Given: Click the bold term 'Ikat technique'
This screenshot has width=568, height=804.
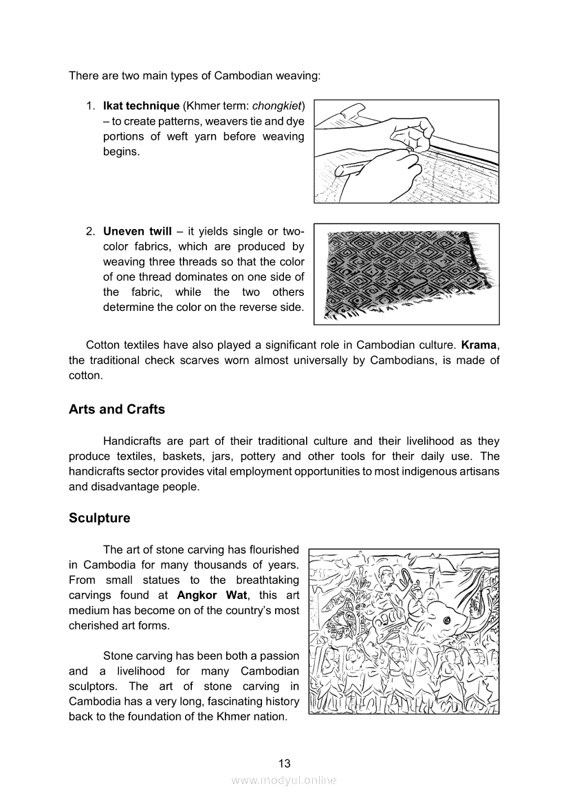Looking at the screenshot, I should point(141,106).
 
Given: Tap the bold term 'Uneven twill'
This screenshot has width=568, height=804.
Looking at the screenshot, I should point(137,231).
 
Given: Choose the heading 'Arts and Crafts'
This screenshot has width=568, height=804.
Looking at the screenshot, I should point(117,409).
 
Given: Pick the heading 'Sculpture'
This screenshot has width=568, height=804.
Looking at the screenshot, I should point(99,518).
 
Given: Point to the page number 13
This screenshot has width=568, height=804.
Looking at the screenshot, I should point(284,763).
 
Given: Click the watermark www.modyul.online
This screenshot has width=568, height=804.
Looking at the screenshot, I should point(284,780).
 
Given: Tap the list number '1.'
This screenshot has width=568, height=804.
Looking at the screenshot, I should point(90,106).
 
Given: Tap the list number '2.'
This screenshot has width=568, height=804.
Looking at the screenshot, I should point(90,231).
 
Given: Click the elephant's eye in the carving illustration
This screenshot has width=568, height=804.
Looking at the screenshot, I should point(447,621).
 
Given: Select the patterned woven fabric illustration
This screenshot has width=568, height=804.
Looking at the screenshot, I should point(406,273).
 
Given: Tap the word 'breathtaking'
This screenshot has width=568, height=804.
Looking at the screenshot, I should point(266,580).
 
